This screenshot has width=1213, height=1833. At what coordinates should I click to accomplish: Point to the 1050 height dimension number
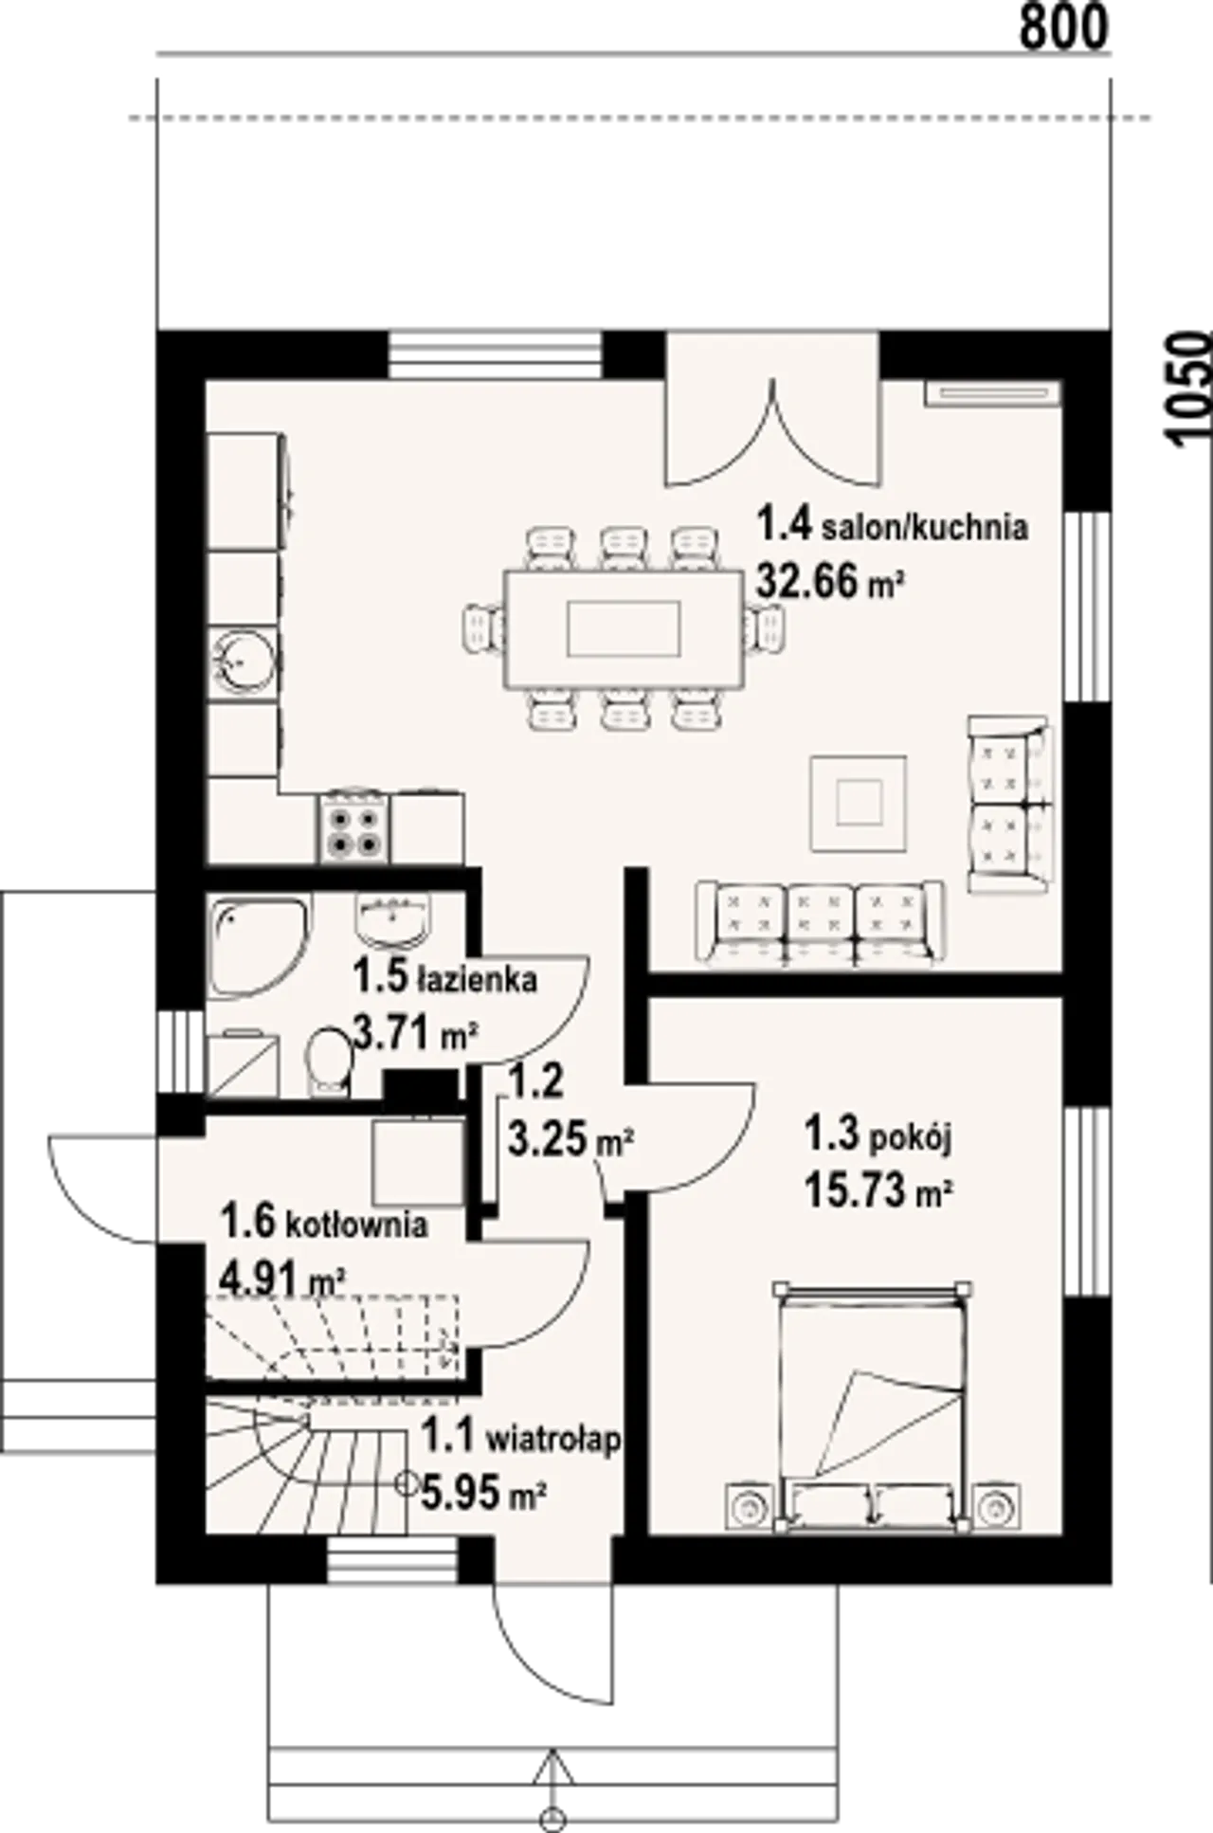[1189, 389]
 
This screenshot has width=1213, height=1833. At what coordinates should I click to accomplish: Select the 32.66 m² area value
[826, 580]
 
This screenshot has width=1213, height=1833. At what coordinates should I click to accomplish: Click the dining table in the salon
[625, 628]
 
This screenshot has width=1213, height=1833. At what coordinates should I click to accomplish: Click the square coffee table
[858, 803]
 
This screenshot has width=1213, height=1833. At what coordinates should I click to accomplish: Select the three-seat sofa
[821, 923]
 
